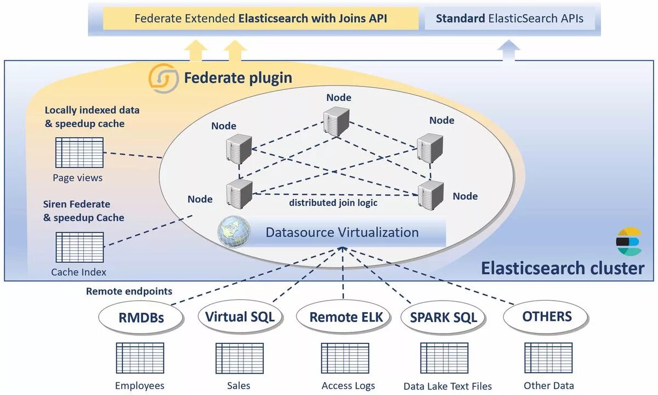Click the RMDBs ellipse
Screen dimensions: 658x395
(x=141, y=318)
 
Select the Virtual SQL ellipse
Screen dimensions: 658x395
(x=240, y=317)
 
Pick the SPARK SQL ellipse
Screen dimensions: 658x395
(x=443, y=317)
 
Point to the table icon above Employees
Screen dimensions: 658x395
(x=140, y=358)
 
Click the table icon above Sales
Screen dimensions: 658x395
(x=240, y=358)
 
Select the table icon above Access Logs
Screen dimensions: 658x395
(x=345, y=358)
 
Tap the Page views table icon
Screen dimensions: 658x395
(x=80, y=153)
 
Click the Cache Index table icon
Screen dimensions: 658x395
(x=80, y=247)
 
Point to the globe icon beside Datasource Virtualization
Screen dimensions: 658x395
(x=234, y=232)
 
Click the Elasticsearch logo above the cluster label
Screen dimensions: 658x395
(x=629, y=241)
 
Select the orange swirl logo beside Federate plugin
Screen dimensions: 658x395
(x=163, y=78)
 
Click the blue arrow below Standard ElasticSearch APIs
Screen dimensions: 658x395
(x=509, y=50)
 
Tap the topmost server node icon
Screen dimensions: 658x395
(x=336, y=122)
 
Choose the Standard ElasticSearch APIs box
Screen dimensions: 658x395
(x=509, y=18)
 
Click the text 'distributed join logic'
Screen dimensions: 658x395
(x=333, y=203)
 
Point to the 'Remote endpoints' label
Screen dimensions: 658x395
(x=129, y=291)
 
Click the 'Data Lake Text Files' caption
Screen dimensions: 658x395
(x=447, y=386)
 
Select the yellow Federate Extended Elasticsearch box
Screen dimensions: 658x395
(x=261, y=18)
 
